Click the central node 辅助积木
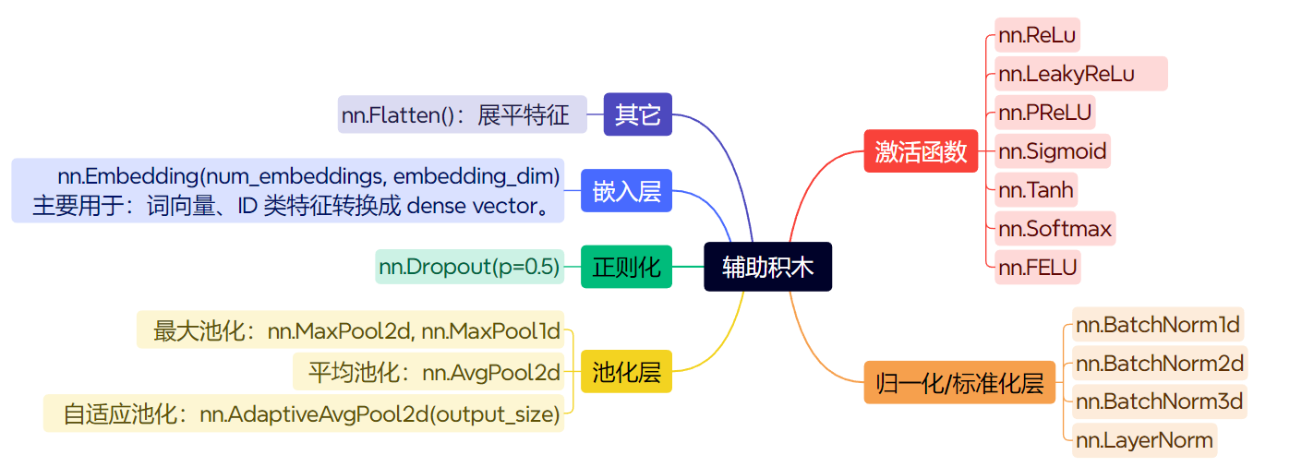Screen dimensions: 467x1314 [767, 267]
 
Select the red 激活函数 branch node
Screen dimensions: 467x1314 [920, 151]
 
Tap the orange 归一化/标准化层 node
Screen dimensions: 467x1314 [959, 382]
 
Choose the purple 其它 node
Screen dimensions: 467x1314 [637, 114]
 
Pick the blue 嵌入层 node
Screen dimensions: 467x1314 [626, 192]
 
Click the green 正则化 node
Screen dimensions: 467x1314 [626, 268]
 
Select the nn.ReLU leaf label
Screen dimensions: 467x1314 [1037, 36]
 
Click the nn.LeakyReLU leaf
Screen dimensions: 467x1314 [1080, 74]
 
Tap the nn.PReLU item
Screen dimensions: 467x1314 [1044, 113]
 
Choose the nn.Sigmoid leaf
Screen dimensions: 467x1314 [1052, 150]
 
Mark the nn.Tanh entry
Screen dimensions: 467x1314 [1036, 190]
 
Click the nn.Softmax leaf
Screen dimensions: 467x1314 [1055, 228]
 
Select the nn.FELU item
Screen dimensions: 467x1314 [1037, 268]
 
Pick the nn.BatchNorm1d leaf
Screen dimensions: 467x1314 [1158, 325]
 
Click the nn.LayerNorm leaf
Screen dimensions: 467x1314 [1144, 440]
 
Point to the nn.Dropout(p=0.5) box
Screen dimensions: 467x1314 [469, 268]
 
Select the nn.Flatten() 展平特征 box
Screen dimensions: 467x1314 [462, 115]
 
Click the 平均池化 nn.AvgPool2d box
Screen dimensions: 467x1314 [428, 372]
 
